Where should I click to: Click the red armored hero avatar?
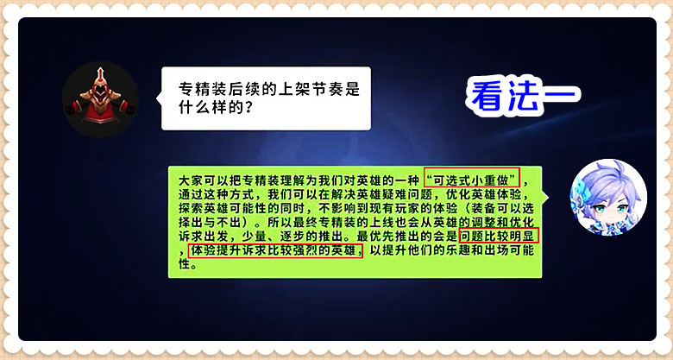[x=100, y=99]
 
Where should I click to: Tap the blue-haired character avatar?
[x=608, y=197]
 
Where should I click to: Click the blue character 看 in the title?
[x=489, y=97]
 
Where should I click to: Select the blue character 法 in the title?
[x=525, y=97]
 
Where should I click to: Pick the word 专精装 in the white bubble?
[x=199, y=89]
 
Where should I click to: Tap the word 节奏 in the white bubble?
[x=317, y=89]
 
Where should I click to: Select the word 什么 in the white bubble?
[x=192, y=107]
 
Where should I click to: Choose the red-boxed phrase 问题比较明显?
[x=499, y=236]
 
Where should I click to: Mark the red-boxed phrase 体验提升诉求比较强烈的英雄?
[x=275, y=250]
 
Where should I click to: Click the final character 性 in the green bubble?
[x=184, y=264]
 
